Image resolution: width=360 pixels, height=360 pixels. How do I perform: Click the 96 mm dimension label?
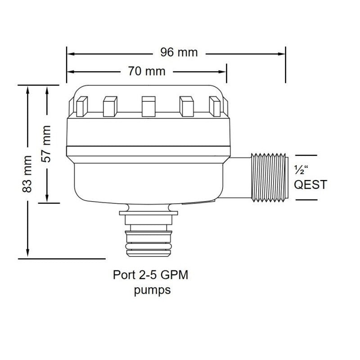179,53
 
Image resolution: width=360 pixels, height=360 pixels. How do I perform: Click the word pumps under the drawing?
153,290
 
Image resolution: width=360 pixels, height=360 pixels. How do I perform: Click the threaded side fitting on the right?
269,177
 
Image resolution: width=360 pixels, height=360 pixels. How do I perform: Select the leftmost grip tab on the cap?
81,107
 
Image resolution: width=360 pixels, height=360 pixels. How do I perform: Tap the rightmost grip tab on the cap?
215,107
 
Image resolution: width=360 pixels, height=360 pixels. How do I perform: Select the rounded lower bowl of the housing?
148,180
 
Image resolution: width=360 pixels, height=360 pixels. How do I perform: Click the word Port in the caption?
122,274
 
